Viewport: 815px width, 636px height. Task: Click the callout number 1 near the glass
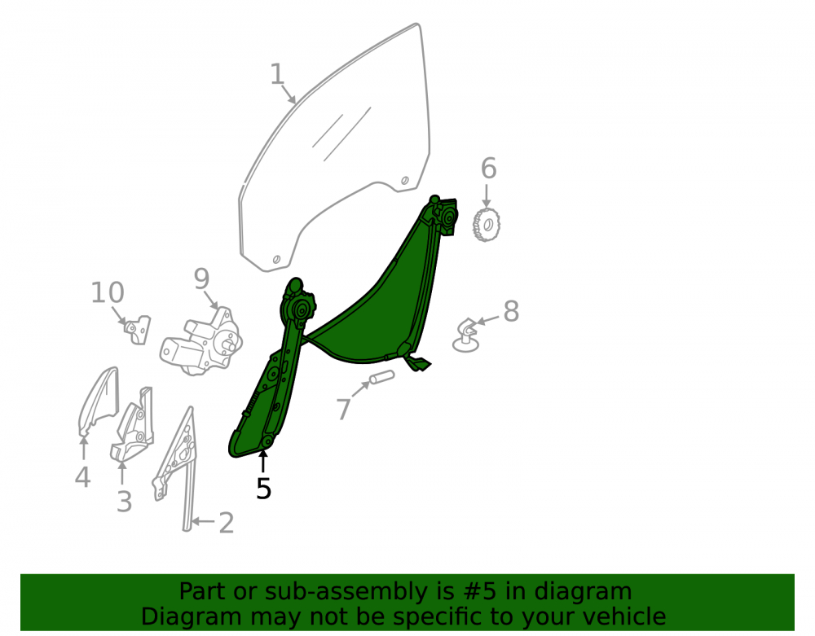pos(277,74)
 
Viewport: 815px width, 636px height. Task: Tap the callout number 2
pos(226,523)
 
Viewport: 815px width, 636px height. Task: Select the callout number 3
pos(124,502)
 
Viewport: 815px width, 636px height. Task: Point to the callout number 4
pos(82,477)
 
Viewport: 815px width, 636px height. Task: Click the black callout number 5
pos(263,489)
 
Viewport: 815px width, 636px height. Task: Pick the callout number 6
pos(488,169)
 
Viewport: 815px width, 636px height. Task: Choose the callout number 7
pos(344,409)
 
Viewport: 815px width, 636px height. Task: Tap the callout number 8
pos(512,311)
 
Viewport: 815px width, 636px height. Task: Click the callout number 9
pos(201,279)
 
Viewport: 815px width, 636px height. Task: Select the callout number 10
pos(108,293)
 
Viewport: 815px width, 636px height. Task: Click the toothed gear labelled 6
pos(486,224)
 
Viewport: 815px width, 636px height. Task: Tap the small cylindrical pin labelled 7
pos(381,377)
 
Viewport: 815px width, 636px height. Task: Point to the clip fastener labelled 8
pos(466,336)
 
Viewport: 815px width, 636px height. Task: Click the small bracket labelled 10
pos(138,330)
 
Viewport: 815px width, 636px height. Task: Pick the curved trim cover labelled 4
pos(99,401)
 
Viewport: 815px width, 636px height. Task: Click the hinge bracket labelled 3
pos(133,423)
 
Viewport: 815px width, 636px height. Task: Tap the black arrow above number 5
pos(263,462)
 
